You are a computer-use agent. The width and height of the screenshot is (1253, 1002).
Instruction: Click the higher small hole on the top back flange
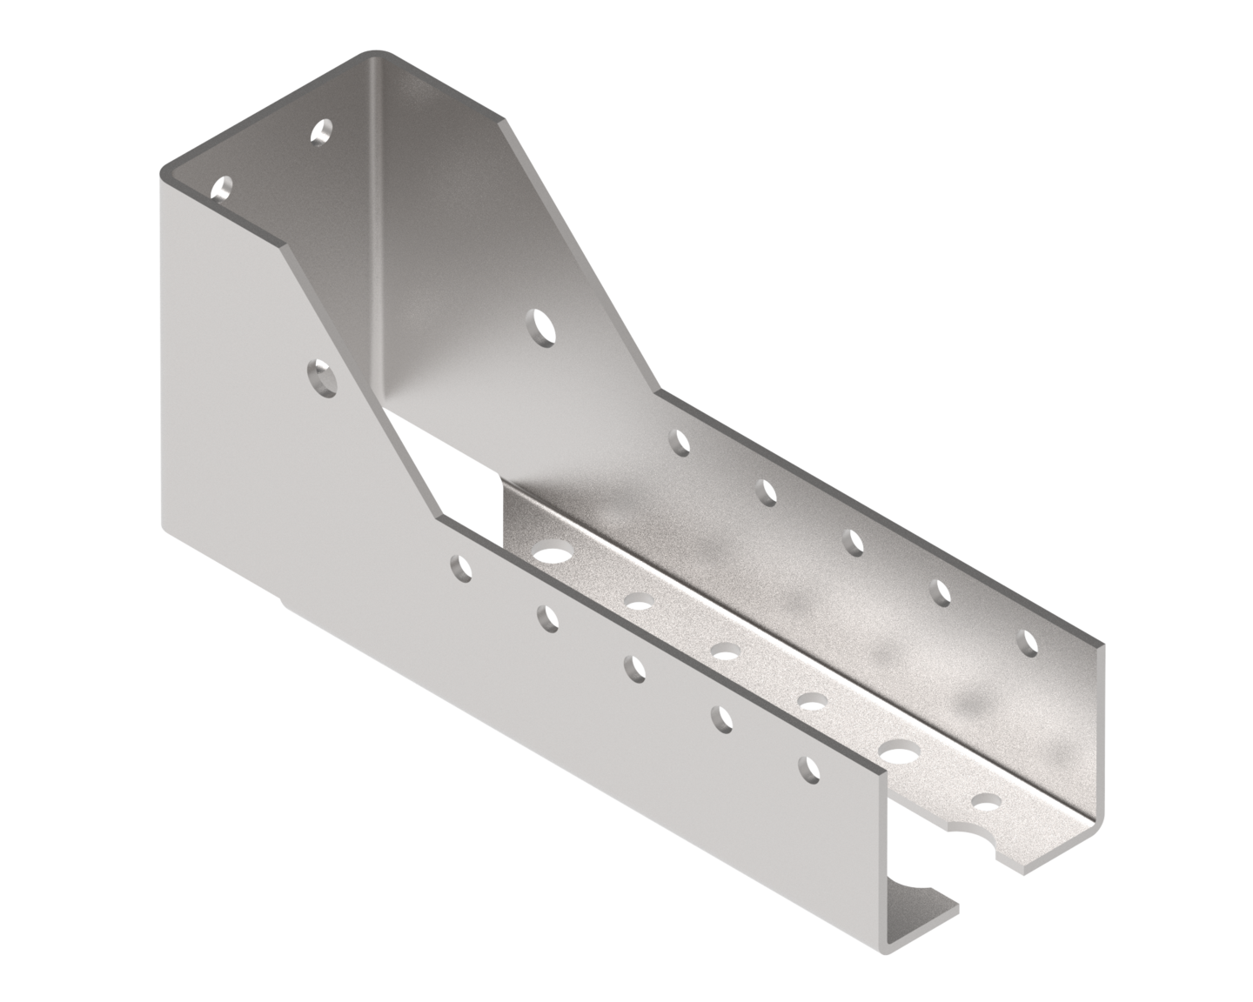click(323, 132)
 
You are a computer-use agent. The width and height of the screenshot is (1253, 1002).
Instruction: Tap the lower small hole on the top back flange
click(224, 187)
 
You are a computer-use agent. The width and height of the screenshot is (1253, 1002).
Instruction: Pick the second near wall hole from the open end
click(722, 718)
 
